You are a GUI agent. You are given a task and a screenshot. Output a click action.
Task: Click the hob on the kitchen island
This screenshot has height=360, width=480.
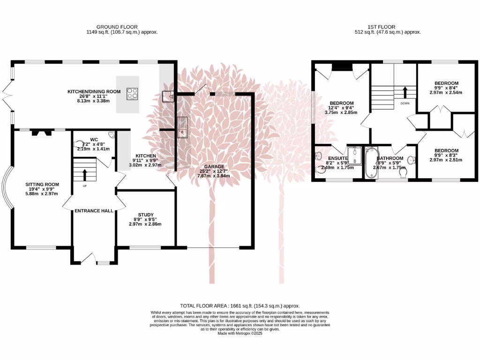pyautogui.click(x=133, y=94)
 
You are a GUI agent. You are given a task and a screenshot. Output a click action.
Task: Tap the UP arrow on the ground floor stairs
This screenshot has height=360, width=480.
pyautogui.click(x=84, y=174)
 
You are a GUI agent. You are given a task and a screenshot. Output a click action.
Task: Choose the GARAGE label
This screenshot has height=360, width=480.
pyautogui.click(x=217, y=166)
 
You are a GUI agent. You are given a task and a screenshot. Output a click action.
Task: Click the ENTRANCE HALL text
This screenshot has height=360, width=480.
pyautogui.click(x=94, y=211)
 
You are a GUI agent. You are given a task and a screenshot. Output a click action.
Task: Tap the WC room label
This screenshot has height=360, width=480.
pyautogui.click(x=94, y=139)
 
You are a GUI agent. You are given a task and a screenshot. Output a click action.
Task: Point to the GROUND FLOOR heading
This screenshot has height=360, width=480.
pyautogui.click(x=117, y=27)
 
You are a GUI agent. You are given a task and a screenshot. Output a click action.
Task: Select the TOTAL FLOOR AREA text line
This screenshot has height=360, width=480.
pyautogui.click(x=240, y=306)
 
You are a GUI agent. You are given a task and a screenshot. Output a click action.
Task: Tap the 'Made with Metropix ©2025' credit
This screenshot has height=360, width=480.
pyautogui.click(x=240, y=334)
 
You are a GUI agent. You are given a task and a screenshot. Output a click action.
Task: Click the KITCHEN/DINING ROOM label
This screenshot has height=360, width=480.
pyautogui.click(x=94, y=91)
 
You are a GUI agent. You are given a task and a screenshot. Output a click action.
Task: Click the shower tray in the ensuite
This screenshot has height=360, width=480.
pyautogui.click(x=354, y=155)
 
